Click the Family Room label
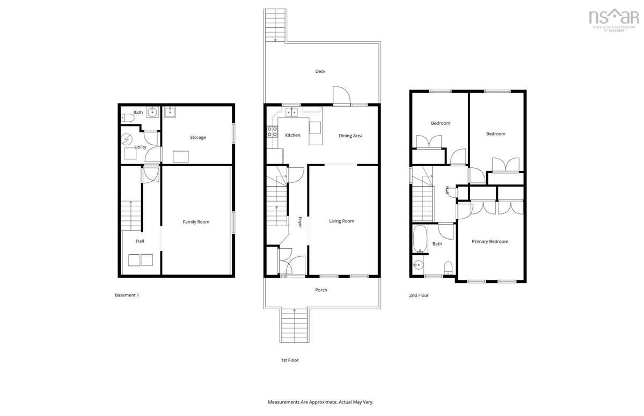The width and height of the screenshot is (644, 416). (196, 221)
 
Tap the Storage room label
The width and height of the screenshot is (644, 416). (198, 138)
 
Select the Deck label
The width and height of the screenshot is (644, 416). (320, 71)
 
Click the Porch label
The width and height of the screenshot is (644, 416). (321, 290)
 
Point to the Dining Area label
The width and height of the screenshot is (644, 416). (350, 136)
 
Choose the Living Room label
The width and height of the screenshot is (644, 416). (341, 221)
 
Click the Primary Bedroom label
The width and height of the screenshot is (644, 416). (490, 242)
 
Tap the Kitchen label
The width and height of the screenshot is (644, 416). (292, 135)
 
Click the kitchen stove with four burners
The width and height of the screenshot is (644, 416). (272, 132)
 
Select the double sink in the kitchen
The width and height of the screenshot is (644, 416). (291, 112)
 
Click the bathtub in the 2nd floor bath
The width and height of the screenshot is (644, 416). (420, 239)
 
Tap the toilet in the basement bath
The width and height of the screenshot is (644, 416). (128, 118)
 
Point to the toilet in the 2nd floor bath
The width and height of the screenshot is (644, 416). (448, 268)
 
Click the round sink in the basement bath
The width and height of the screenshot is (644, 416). (152, 112)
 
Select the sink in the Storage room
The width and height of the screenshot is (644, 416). (170, 112)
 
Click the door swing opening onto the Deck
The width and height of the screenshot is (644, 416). (341, 95)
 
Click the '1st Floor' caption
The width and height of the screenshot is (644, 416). (289, 360)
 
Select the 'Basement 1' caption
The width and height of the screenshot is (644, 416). (127, 295)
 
